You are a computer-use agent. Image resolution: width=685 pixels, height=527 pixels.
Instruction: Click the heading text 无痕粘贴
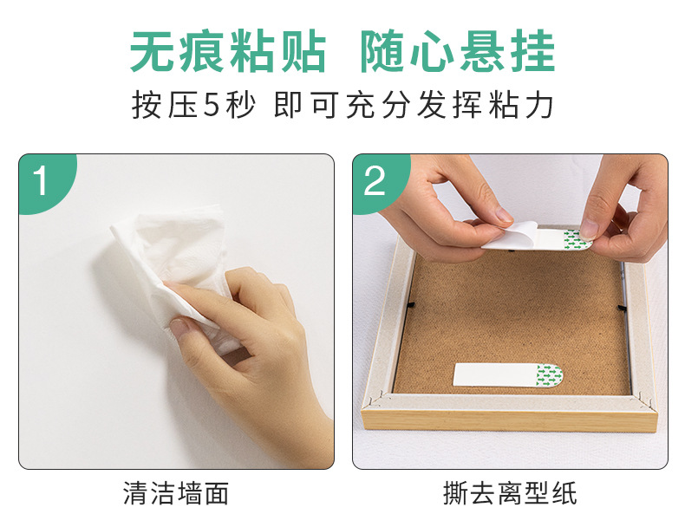[228, 52]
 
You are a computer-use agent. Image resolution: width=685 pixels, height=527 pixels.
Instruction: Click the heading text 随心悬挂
[457, 52]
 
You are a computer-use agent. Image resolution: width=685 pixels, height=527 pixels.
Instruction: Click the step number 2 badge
[375, 182]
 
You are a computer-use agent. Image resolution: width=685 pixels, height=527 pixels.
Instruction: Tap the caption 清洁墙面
[176, 494]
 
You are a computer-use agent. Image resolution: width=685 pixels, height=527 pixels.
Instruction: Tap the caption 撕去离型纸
[509, 494]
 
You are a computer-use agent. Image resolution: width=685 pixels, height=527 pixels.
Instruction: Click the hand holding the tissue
[251, 347]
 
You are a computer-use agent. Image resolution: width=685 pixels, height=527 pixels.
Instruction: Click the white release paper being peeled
[512, 237]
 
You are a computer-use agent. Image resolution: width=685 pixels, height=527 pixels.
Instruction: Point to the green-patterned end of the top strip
[574, 238]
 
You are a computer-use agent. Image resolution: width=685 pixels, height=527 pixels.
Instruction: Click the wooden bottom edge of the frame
[512, 420]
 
